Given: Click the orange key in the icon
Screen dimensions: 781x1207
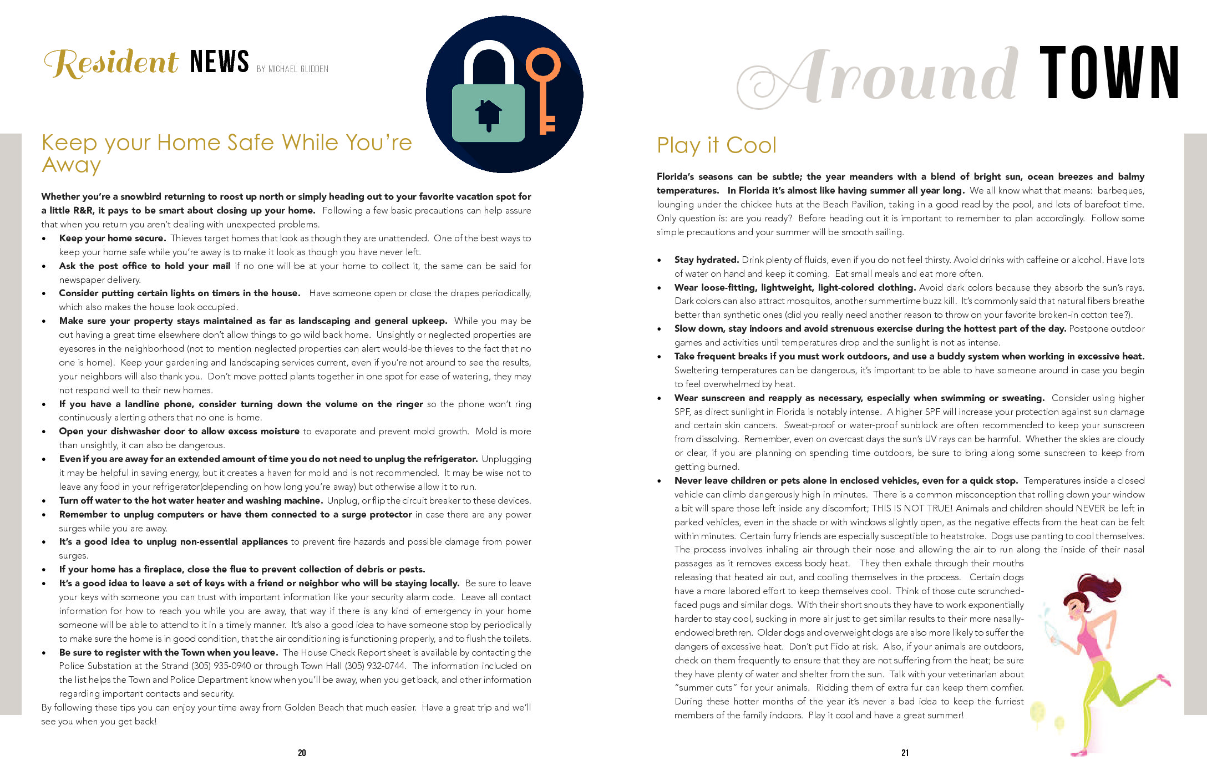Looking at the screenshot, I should pyautogui.click(x=544, y=89).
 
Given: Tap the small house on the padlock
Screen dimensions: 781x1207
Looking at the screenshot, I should pyautogui.click(x=488, y=114).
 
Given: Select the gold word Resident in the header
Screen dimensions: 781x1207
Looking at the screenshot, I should pyautogui.click(x=111, y=62).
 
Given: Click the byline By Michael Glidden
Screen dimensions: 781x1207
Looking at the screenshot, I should pyautogui.click(x=292, y=69).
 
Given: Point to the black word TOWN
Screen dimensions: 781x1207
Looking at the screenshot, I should pyautogui.click(x=1109, y=73).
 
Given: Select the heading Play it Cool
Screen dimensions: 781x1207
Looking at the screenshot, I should pyautogui.click(x=716, y=145).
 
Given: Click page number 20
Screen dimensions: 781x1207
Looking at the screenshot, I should pyautogui.click(x=302, y=753).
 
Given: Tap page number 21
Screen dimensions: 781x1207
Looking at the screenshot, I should pyautogui.click(x=905, y=753).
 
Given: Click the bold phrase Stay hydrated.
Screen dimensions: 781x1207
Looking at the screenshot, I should pyautogui.click(x=706, y=260).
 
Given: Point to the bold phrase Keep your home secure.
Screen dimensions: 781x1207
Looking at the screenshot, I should pyautogui.click(x=112, y=238).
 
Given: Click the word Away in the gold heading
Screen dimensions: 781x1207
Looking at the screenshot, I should pyautogui.click(x=71, y=165).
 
